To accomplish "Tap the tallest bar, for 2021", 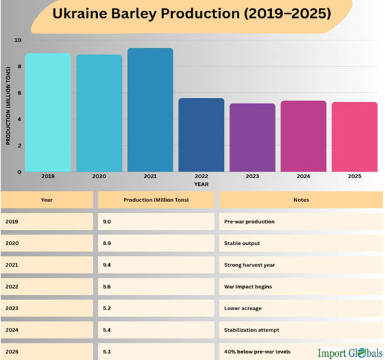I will tap(150, 110).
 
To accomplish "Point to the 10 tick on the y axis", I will tap(18, 40).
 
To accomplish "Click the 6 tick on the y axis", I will tap(19, 93).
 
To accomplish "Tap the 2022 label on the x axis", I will tap(201, 177).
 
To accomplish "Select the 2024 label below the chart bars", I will tap(304, 177).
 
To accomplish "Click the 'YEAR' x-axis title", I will tap(201, 184).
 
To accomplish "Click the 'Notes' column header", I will tap(300, 200).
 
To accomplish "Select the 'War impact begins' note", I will tap(248, 286).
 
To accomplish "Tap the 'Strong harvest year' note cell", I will tap(250, 265).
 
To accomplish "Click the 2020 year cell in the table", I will tap(11, 243).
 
